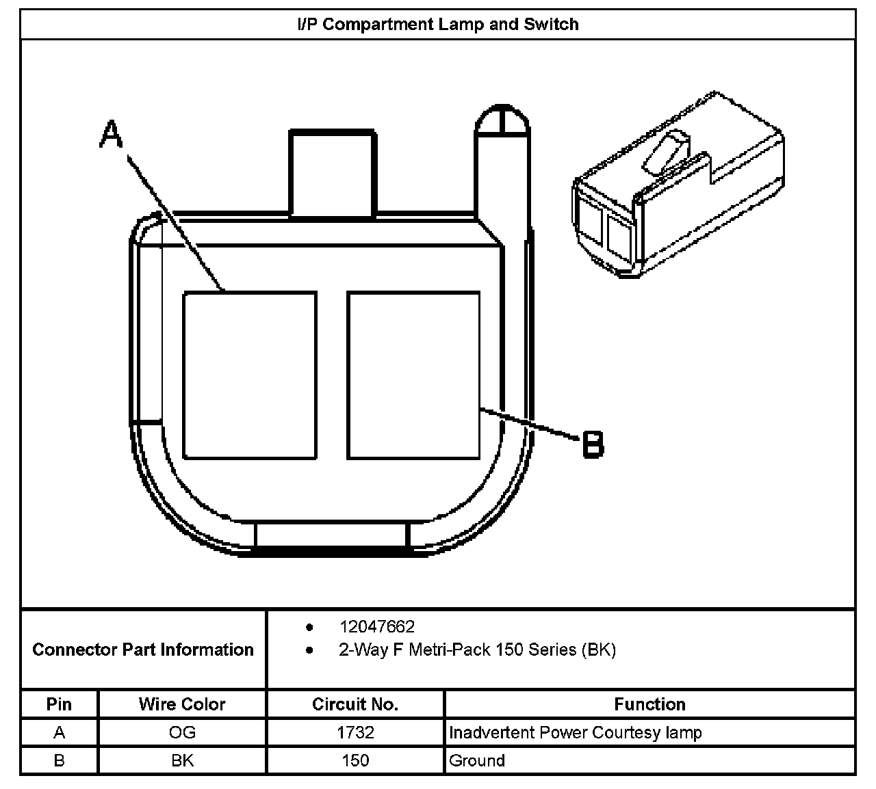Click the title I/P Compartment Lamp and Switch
(x=437, y=25)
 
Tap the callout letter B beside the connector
(x=593, y=444)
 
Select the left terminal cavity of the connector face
(x=250, y=375)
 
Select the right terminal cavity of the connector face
(x=413, y=375)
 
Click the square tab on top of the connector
(x=333, y=173)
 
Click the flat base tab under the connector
(x=331, y=537)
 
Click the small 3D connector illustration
(x=678, y=185)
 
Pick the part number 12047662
(x=377, y=627)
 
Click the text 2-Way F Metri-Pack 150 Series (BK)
(x=477, y=650)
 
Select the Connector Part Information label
(x=143, y=650)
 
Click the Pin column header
(x=60, y=704)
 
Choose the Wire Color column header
(x=182, y=704)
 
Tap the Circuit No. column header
(x=355, y=704)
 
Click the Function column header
(x=649, y=704)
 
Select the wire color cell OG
(x=182, y=733)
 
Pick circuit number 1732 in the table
(x=355, y=733)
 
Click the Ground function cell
(x=477, y=760)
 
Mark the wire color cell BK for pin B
(x=182, y=760)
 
